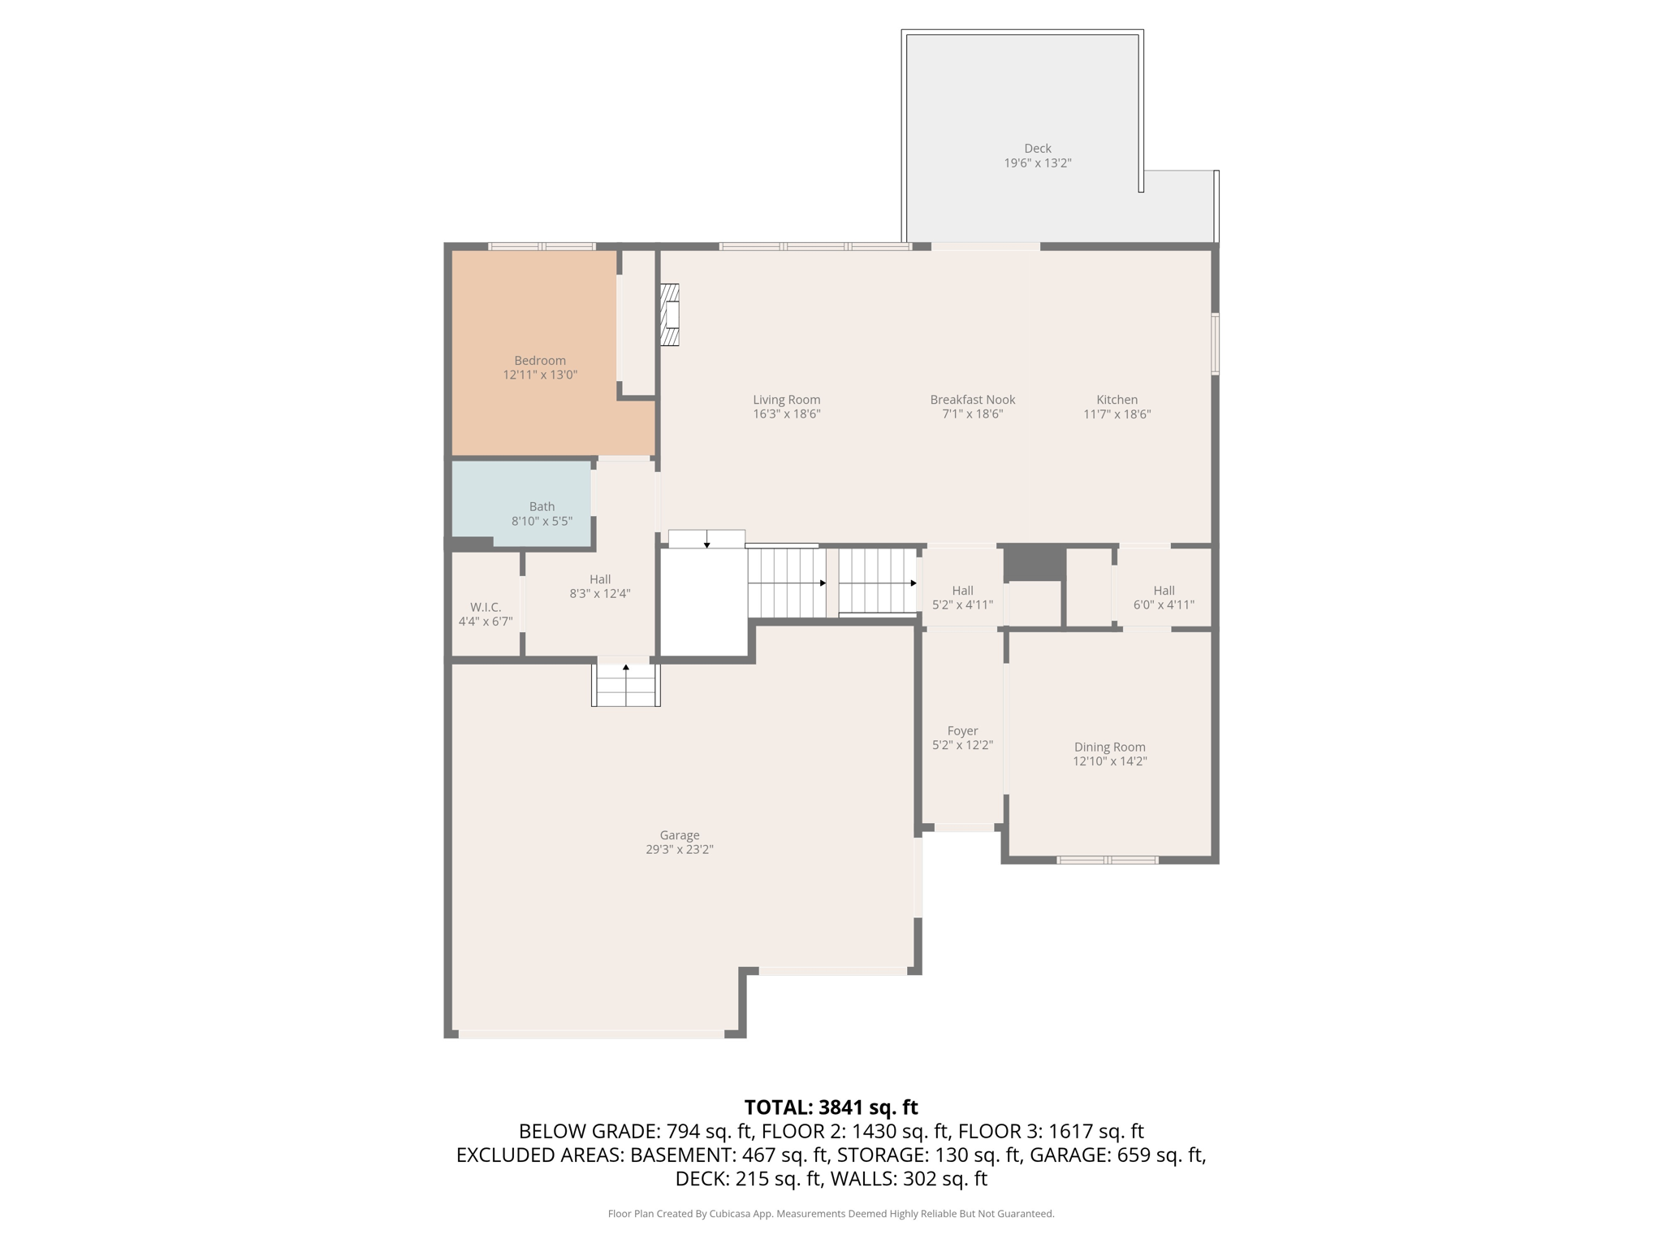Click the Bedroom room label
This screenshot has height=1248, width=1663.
pos(540,361)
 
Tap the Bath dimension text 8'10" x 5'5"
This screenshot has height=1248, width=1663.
pos(542,521)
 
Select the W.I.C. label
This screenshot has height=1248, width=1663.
pos(486,607)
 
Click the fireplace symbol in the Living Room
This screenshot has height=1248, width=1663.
pos(670,314)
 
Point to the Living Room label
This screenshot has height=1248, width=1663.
pos(786,400)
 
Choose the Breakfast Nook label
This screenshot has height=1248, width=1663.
pos(973,400)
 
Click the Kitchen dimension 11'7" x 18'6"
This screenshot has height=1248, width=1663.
pos(1117,414)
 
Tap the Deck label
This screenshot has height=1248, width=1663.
pos(1038,149)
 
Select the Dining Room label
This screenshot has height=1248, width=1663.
pos(1110,747)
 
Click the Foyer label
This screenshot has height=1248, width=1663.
pos(962,731)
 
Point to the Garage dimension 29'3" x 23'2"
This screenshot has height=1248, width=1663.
pos(680,850)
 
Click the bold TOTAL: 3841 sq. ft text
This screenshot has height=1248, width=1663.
pos(831,1107)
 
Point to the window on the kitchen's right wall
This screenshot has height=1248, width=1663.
pos(1216,344)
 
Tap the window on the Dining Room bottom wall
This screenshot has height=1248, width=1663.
pos(1108,860)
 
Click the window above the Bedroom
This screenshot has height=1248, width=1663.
pos(542,246)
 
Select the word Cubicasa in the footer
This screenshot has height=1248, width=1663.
pos(729,1214)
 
